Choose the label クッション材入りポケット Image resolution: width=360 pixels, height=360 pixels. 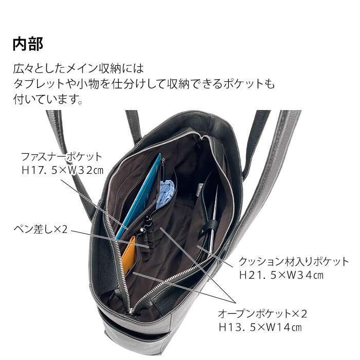[x=294, y=262]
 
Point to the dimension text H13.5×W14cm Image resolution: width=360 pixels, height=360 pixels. [x=260, y=327]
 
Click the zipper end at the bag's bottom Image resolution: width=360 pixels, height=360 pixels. [x=133, y=311]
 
